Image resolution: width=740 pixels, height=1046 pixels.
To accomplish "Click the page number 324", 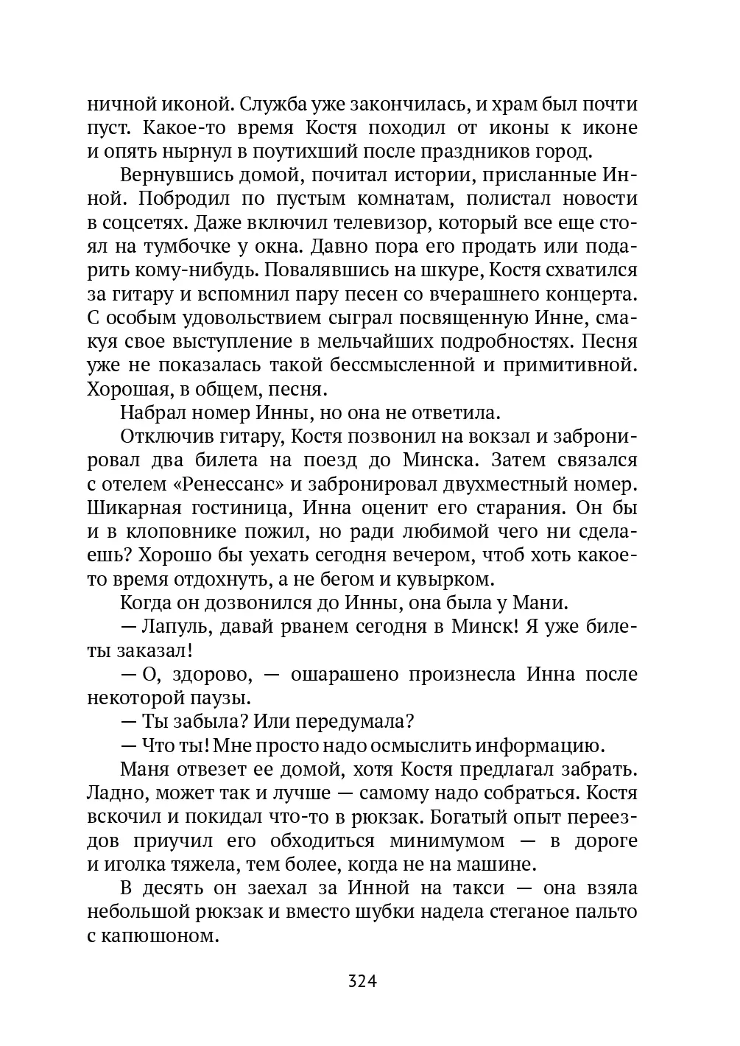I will pos(362,981).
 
